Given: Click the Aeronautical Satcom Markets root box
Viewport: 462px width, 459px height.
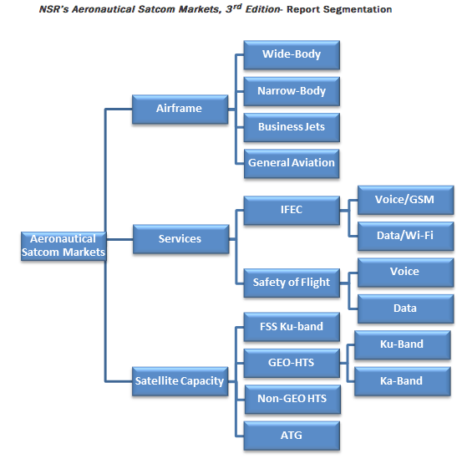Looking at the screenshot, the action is coord(63,246).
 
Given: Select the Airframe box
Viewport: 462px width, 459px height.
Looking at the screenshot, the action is coord(180,109).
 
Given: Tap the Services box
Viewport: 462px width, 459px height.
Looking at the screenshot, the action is coord(180,239).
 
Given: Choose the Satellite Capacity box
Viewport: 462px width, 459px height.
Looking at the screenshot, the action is coord(180,381).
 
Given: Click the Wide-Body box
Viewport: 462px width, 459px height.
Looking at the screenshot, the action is coord(292,55).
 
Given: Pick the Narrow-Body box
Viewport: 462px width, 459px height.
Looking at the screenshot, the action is coord(292,91).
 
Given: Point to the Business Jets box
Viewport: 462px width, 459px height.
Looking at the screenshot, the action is coord(292,128).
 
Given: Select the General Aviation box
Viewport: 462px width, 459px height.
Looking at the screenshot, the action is coord(292,164).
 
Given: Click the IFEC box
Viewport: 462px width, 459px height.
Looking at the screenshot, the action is coord(292,211).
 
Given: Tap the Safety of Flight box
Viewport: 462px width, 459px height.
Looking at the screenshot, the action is coord(292,283).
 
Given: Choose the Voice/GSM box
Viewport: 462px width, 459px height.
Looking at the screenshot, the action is coord(405,200).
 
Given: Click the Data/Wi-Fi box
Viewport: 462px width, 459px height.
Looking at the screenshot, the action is coord(405,237).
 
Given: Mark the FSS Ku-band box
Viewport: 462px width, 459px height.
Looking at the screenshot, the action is coord(292,327).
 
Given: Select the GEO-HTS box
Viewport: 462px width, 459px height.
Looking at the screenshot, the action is coord(292,363).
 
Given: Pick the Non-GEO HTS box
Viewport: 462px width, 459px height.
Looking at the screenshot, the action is coord(292,400).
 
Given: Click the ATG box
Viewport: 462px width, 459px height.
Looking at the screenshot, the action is coord(292,436).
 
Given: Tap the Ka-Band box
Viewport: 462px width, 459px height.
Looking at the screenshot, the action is coord(402,381).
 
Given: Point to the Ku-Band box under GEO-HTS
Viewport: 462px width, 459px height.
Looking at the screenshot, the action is coord(402,345).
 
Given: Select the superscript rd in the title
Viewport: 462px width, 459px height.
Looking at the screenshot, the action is coord(237,7).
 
